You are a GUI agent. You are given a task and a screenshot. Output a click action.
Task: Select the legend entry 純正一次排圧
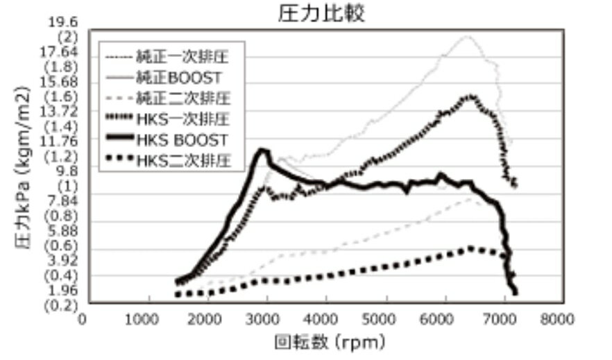click(185, 53)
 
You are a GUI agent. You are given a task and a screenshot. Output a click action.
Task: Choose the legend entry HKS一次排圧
click(188, 119)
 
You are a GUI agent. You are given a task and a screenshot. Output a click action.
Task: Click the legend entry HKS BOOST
click(188, 140)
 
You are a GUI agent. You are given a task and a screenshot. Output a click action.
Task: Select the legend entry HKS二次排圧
click(188, 162)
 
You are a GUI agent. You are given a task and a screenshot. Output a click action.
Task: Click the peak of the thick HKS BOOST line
click(262, 149)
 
